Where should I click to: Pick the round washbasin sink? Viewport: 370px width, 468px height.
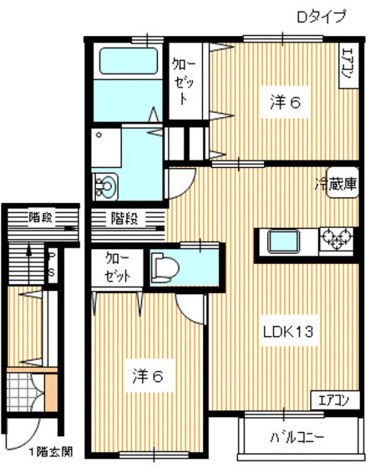(x=106, y=185)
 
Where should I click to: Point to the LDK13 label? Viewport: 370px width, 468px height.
(x=288, y=333)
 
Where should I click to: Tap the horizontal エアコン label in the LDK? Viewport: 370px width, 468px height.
(x=333, y=399)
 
